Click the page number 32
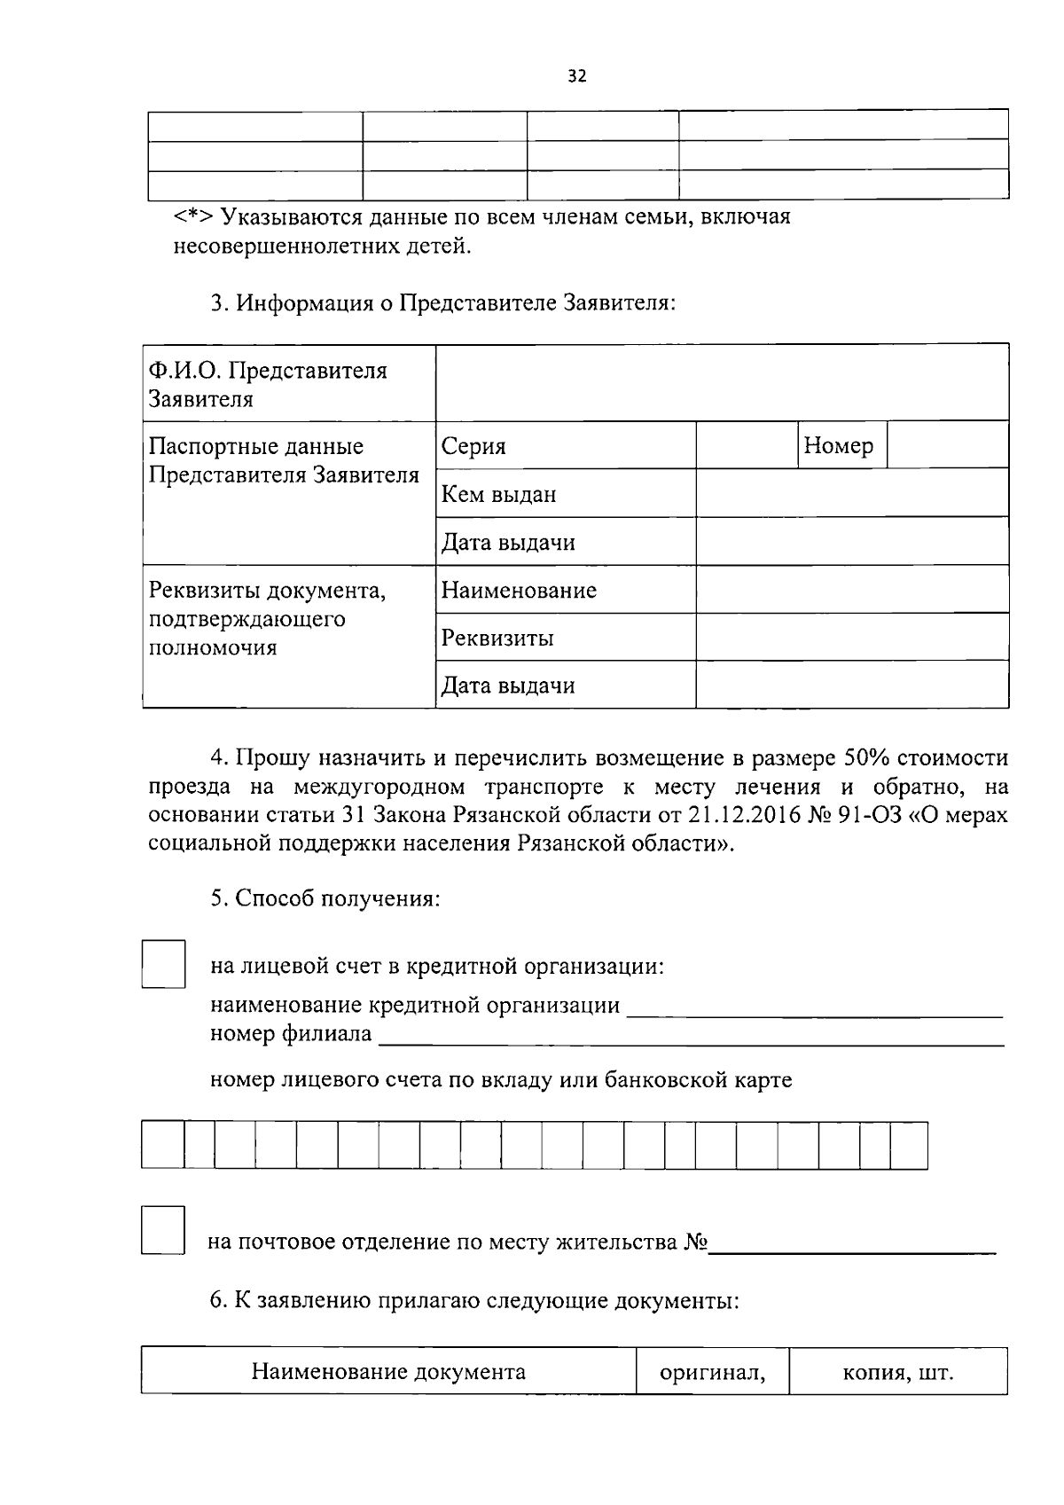(x=576, y=76)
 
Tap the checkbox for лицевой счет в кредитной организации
(x=164, y=964)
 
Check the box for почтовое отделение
(x=164, y=1229)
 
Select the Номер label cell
(x=838, y=445)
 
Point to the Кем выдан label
(x=499, y=494)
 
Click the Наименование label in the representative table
(x=520, y=590)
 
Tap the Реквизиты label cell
(x=498, y=638)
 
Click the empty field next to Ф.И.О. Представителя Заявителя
(x=721, y=383)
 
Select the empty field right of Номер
(x=947, y=445)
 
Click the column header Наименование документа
(x=388, y=1372)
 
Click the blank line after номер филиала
(x=692, y=1038)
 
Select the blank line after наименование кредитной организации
(x=814, y=1009)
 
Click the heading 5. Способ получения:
(x=325, y=898)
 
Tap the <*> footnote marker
(x=192, y=217)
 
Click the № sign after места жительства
(x=695, y=1242)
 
